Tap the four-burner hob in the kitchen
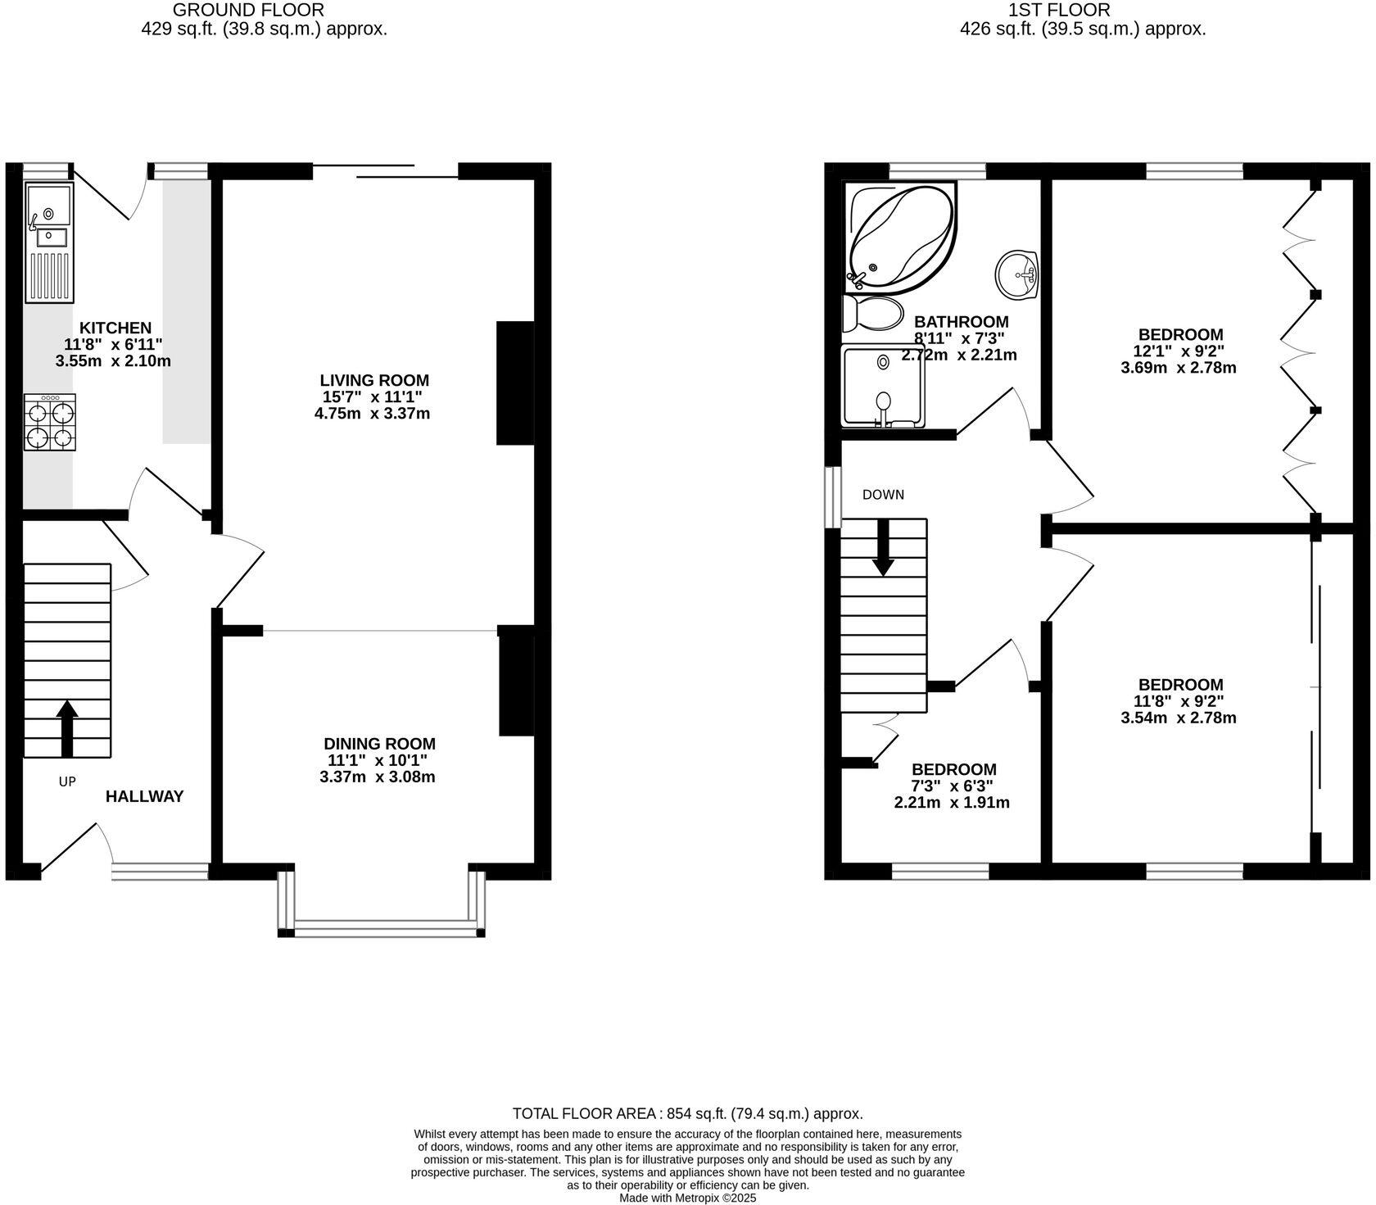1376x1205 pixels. [x=50, y=423]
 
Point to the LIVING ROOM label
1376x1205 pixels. [x=374, y=380]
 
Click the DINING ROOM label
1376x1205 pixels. [x=379, y=744]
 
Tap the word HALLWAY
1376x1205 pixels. [x=144, y=796]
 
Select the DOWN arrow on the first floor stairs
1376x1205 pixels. [x=883, y=546]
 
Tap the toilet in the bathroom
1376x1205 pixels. [x=872, y=313]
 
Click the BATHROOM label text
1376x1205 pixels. [x=962, y=322]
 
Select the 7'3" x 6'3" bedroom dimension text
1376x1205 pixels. [x=954, y=786]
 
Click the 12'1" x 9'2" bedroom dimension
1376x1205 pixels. [x=1180, y=351]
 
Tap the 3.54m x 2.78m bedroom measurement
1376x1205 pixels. [x=1179, y=718]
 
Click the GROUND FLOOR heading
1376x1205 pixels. [x=248, y=11]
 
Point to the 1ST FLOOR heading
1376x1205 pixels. [x=1059, y=11]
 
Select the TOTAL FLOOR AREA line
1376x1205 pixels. [x=688, y=1114]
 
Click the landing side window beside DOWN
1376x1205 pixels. [x=833, y=497]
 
